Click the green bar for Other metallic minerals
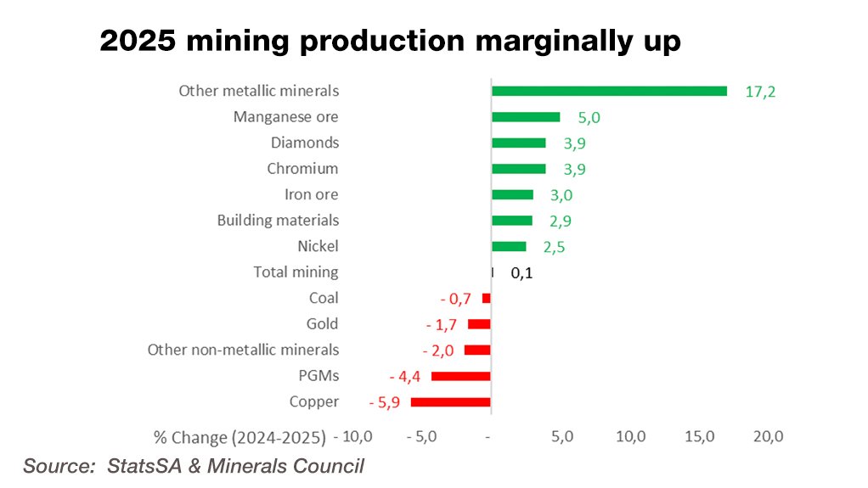tap(609, 91)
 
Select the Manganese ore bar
tap(526, 117)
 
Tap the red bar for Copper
tap(451, 402)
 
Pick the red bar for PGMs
tap(461, 376)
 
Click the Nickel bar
tap(509, 247)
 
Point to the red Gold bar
tap(479, 324)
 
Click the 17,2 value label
tap(760, 92)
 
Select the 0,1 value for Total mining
tap(522, 274)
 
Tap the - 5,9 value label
tap(384, 403)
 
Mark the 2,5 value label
tap(554, 248)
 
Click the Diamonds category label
tap(305, 143)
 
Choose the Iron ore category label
tap(311, 194)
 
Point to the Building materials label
tap(278, 221)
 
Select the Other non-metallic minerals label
tap(243, 350)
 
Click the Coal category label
tap(324, 298)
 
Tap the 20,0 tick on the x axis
tap(768, 437)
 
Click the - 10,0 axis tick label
tap(352, 437)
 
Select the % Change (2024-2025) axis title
tap(240, 438)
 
